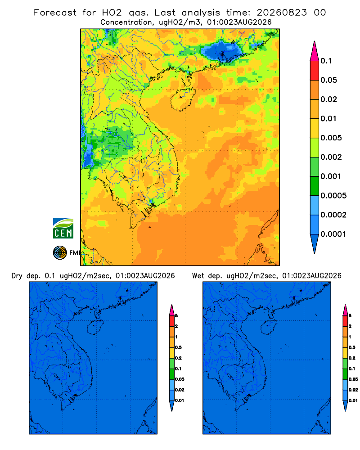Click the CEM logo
[63, 229]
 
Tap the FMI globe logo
[60, 253]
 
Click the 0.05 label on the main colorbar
[328, 80]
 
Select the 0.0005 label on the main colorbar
[333, 196]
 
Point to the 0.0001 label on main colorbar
[333, 234]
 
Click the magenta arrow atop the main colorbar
[315, 51]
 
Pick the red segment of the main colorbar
[315, 71]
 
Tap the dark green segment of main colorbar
[315, 186]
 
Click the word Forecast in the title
[55, 13]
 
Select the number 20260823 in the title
[282, 13]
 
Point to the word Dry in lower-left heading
[17, 276]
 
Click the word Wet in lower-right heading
[198, 276]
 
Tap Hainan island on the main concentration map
[183, 99]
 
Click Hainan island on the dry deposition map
[95, 327]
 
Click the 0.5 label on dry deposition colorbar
[178, 347]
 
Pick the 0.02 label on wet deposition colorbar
[353, 390]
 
